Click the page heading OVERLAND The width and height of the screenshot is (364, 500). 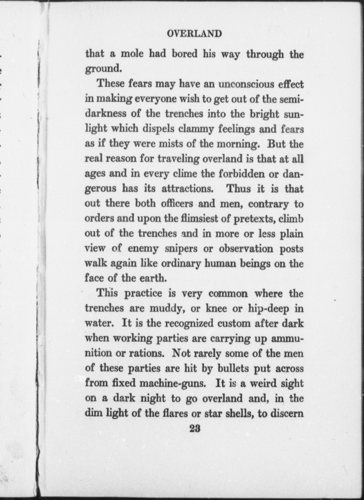click(194, 34)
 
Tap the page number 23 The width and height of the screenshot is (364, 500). click(195, 429)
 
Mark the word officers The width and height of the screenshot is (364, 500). click(177, 204)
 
